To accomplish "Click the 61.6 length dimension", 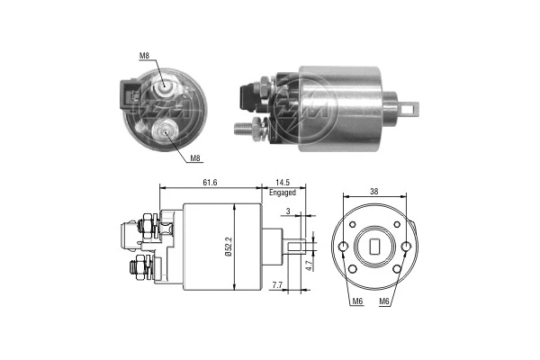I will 209,183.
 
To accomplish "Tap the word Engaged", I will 283,193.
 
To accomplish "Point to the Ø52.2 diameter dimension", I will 229,246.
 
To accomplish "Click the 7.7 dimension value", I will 278,285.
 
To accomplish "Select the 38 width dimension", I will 374,192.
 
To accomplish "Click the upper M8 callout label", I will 144,56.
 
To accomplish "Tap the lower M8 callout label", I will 194,158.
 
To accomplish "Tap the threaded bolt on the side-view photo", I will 245,128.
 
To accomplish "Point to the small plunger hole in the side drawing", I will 300,242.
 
